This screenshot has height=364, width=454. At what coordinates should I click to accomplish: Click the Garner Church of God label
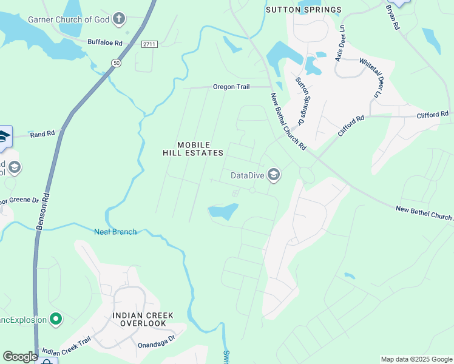click(69, 19)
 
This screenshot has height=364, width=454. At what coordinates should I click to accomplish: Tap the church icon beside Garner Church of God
click(119, 19)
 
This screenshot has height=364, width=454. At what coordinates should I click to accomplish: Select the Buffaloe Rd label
click(105, 43)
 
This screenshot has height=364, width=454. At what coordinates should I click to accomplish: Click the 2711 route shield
click(149, 44)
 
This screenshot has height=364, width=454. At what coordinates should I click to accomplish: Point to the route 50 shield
click(115, 62)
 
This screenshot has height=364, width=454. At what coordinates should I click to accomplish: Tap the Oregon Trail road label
click(231, 87)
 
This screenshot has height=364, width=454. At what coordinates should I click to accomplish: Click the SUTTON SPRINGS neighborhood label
click(303, 10)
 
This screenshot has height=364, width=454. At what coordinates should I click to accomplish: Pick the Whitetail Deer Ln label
click(371, 76)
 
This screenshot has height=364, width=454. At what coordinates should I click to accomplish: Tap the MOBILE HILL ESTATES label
click(193, 149)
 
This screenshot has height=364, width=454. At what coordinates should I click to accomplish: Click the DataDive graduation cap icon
click(273, 175)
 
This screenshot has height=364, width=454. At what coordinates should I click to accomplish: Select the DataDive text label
click(247, 176)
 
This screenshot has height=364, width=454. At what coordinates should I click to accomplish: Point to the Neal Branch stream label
click(115, 231)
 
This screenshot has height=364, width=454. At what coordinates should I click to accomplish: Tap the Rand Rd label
click(42, 133)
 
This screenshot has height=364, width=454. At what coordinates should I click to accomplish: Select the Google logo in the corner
click(20, 357)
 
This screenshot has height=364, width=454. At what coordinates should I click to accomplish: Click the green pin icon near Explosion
click(56, 318)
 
